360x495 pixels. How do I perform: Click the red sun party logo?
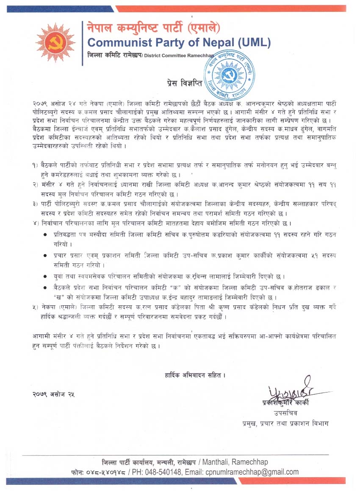pyautogui.click(x=55, y=42)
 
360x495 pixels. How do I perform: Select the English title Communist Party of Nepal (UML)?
pyautogui.click(x=178, y=42)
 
